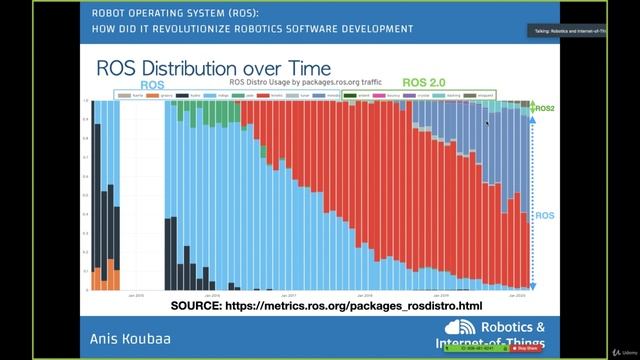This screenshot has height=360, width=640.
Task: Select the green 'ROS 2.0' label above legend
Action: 425,83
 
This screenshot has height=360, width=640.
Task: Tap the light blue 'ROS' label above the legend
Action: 152,86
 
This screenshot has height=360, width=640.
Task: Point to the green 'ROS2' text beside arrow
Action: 546,107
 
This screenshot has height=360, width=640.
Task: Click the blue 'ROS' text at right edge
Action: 545,215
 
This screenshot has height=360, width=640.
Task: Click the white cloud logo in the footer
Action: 461,329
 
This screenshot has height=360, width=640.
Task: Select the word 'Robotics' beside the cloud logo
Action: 514,327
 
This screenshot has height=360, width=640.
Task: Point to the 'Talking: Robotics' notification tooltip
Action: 566,31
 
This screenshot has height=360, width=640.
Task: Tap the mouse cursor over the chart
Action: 487,123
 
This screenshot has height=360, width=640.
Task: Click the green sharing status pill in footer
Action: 495,349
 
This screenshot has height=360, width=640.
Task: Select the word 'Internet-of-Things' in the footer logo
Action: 490,345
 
